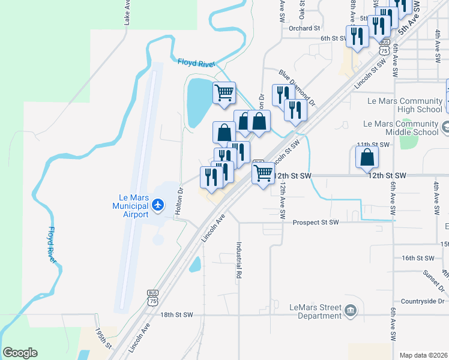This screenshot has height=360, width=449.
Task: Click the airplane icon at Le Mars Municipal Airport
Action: click(158, 205)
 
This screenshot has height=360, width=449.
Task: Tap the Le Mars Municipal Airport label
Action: click(130, 205)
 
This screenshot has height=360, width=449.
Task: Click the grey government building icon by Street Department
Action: click(351, 311)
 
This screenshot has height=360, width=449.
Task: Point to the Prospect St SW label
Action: click(316, 223)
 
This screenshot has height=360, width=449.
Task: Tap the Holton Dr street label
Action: click(179, 202)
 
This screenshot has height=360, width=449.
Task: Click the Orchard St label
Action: click(304, 28)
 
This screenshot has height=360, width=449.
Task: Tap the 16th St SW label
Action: click(418, 258)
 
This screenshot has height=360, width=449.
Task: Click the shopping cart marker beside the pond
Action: click(224, 93)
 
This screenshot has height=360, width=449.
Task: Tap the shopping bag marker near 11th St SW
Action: click(367, 157)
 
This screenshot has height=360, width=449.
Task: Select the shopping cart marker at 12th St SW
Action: click(263, 173)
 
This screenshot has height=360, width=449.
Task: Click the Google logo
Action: click(20, 353)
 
